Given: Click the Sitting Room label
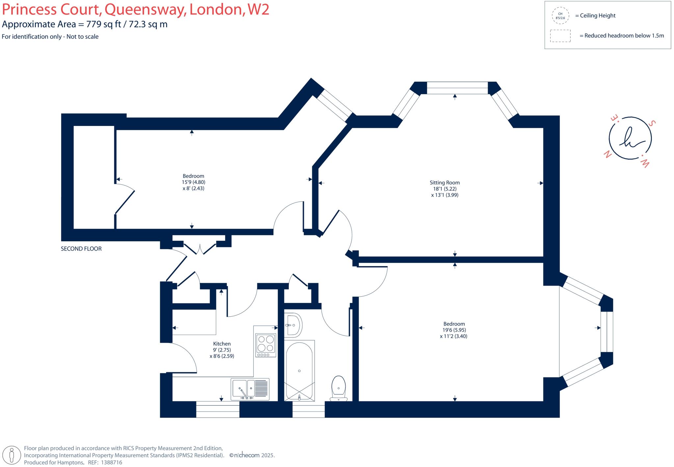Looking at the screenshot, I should [445, 183].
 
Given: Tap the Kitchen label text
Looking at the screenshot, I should [222, 344].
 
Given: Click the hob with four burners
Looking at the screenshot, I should [266, 345].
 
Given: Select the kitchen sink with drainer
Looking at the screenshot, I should [250, 389].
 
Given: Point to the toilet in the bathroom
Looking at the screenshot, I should [339, 387].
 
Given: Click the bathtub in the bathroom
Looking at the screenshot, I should [299, 370].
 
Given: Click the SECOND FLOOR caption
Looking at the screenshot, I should [81, 249].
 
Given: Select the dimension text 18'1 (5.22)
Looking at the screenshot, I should [445, 189].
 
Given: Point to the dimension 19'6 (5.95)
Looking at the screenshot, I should [454, 330].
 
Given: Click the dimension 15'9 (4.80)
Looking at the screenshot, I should [194, 182].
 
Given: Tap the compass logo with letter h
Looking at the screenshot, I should [630, 138].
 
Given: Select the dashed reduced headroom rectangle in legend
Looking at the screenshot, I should [560, 36].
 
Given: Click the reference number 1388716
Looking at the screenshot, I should [112, 462].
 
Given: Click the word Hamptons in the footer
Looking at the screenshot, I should [70, 462].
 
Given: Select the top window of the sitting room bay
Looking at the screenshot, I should [457, 88].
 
